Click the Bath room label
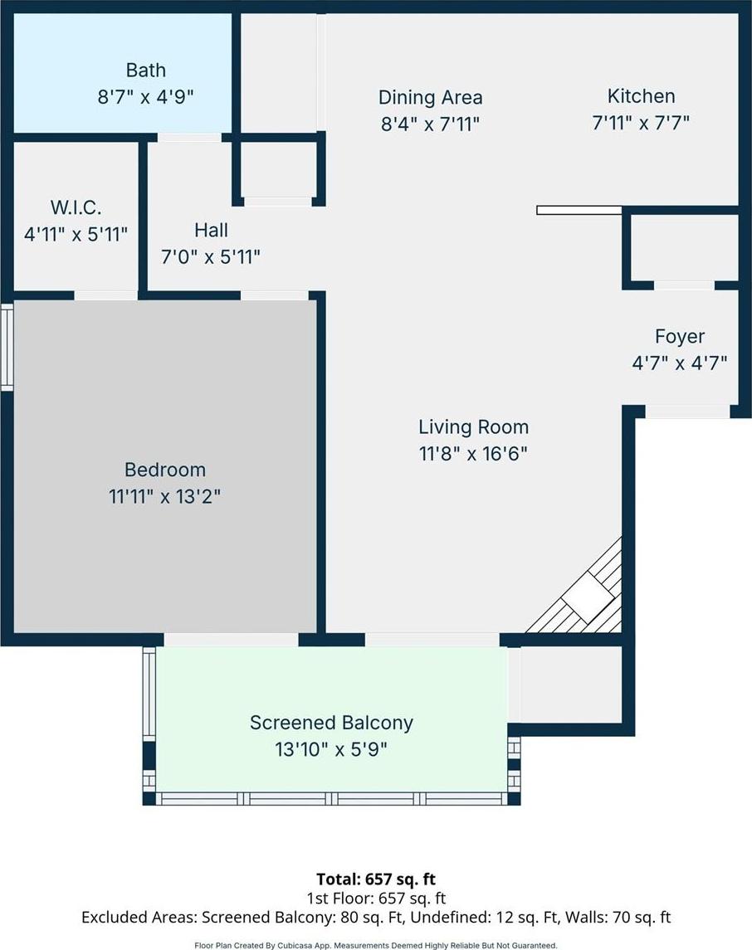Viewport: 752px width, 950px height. coord(145,71)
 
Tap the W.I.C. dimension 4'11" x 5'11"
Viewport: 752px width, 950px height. coord(76,234)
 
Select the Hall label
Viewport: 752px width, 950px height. coord(211,230)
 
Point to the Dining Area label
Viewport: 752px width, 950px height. coord(430,98)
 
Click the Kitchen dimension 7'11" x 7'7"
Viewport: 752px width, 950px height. coord(641,123)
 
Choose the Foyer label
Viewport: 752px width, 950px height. coord(680,336)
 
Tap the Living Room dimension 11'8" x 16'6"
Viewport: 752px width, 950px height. coord(473,454)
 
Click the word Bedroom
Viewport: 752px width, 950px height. coord(165,470)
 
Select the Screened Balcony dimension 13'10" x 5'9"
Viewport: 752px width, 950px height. coord(331,749)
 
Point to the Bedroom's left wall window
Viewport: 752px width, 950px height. coord(7,347)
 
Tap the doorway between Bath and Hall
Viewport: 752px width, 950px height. coord(189,138)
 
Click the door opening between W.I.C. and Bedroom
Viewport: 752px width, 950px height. coord(106,295)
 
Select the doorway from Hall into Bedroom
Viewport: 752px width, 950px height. coord(275,295)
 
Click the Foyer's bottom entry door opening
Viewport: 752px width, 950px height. coord(687,412)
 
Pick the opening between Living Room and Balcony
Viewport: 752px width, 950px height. coord(432,640)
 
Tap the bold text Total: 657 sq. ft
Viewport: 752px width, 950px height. coord(376,879)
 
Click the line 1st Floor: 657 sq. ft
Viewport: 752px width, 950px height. coord(376,898)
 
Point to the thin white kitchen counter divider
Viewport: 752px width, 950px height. coord(579,210)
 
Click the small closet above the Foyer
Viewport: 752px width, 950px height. coord(684,248)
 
